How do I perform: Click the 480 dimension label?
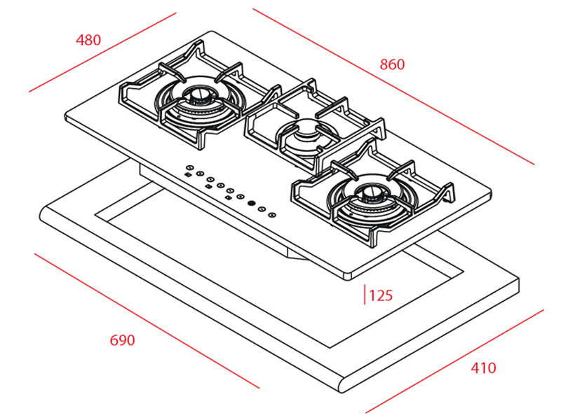coord(88,40)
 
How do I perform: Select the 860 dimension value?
coord(392,64)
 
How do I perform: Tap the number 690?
coord(122,340)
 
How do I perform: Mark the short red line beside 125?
coord(364,295)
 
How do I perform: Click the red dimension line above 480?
coord(102,52)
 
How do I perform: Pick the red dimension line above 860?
coord(393,87)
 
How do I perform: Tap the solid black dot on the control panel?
coord(250,204)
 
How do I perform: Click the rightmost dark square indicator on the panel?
coord(229,197)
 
